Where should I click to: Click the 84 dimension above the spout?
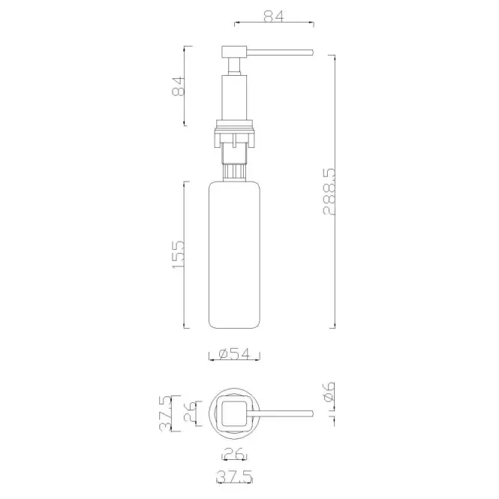pos(274,17)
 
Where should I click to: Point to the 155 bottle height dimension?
pos(179,254)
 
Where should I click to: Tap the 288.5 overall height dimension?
pos(329,192)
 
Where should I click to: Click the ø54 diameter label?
pos(235,353)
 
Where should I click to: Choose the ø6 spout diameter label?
pos(329,392)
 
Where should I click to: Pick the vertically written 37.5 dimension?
pos(166,413)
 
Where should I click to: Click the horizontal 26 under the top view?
pos(235,454)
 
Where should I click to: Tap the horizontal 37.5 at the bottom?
pos(235,476)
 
